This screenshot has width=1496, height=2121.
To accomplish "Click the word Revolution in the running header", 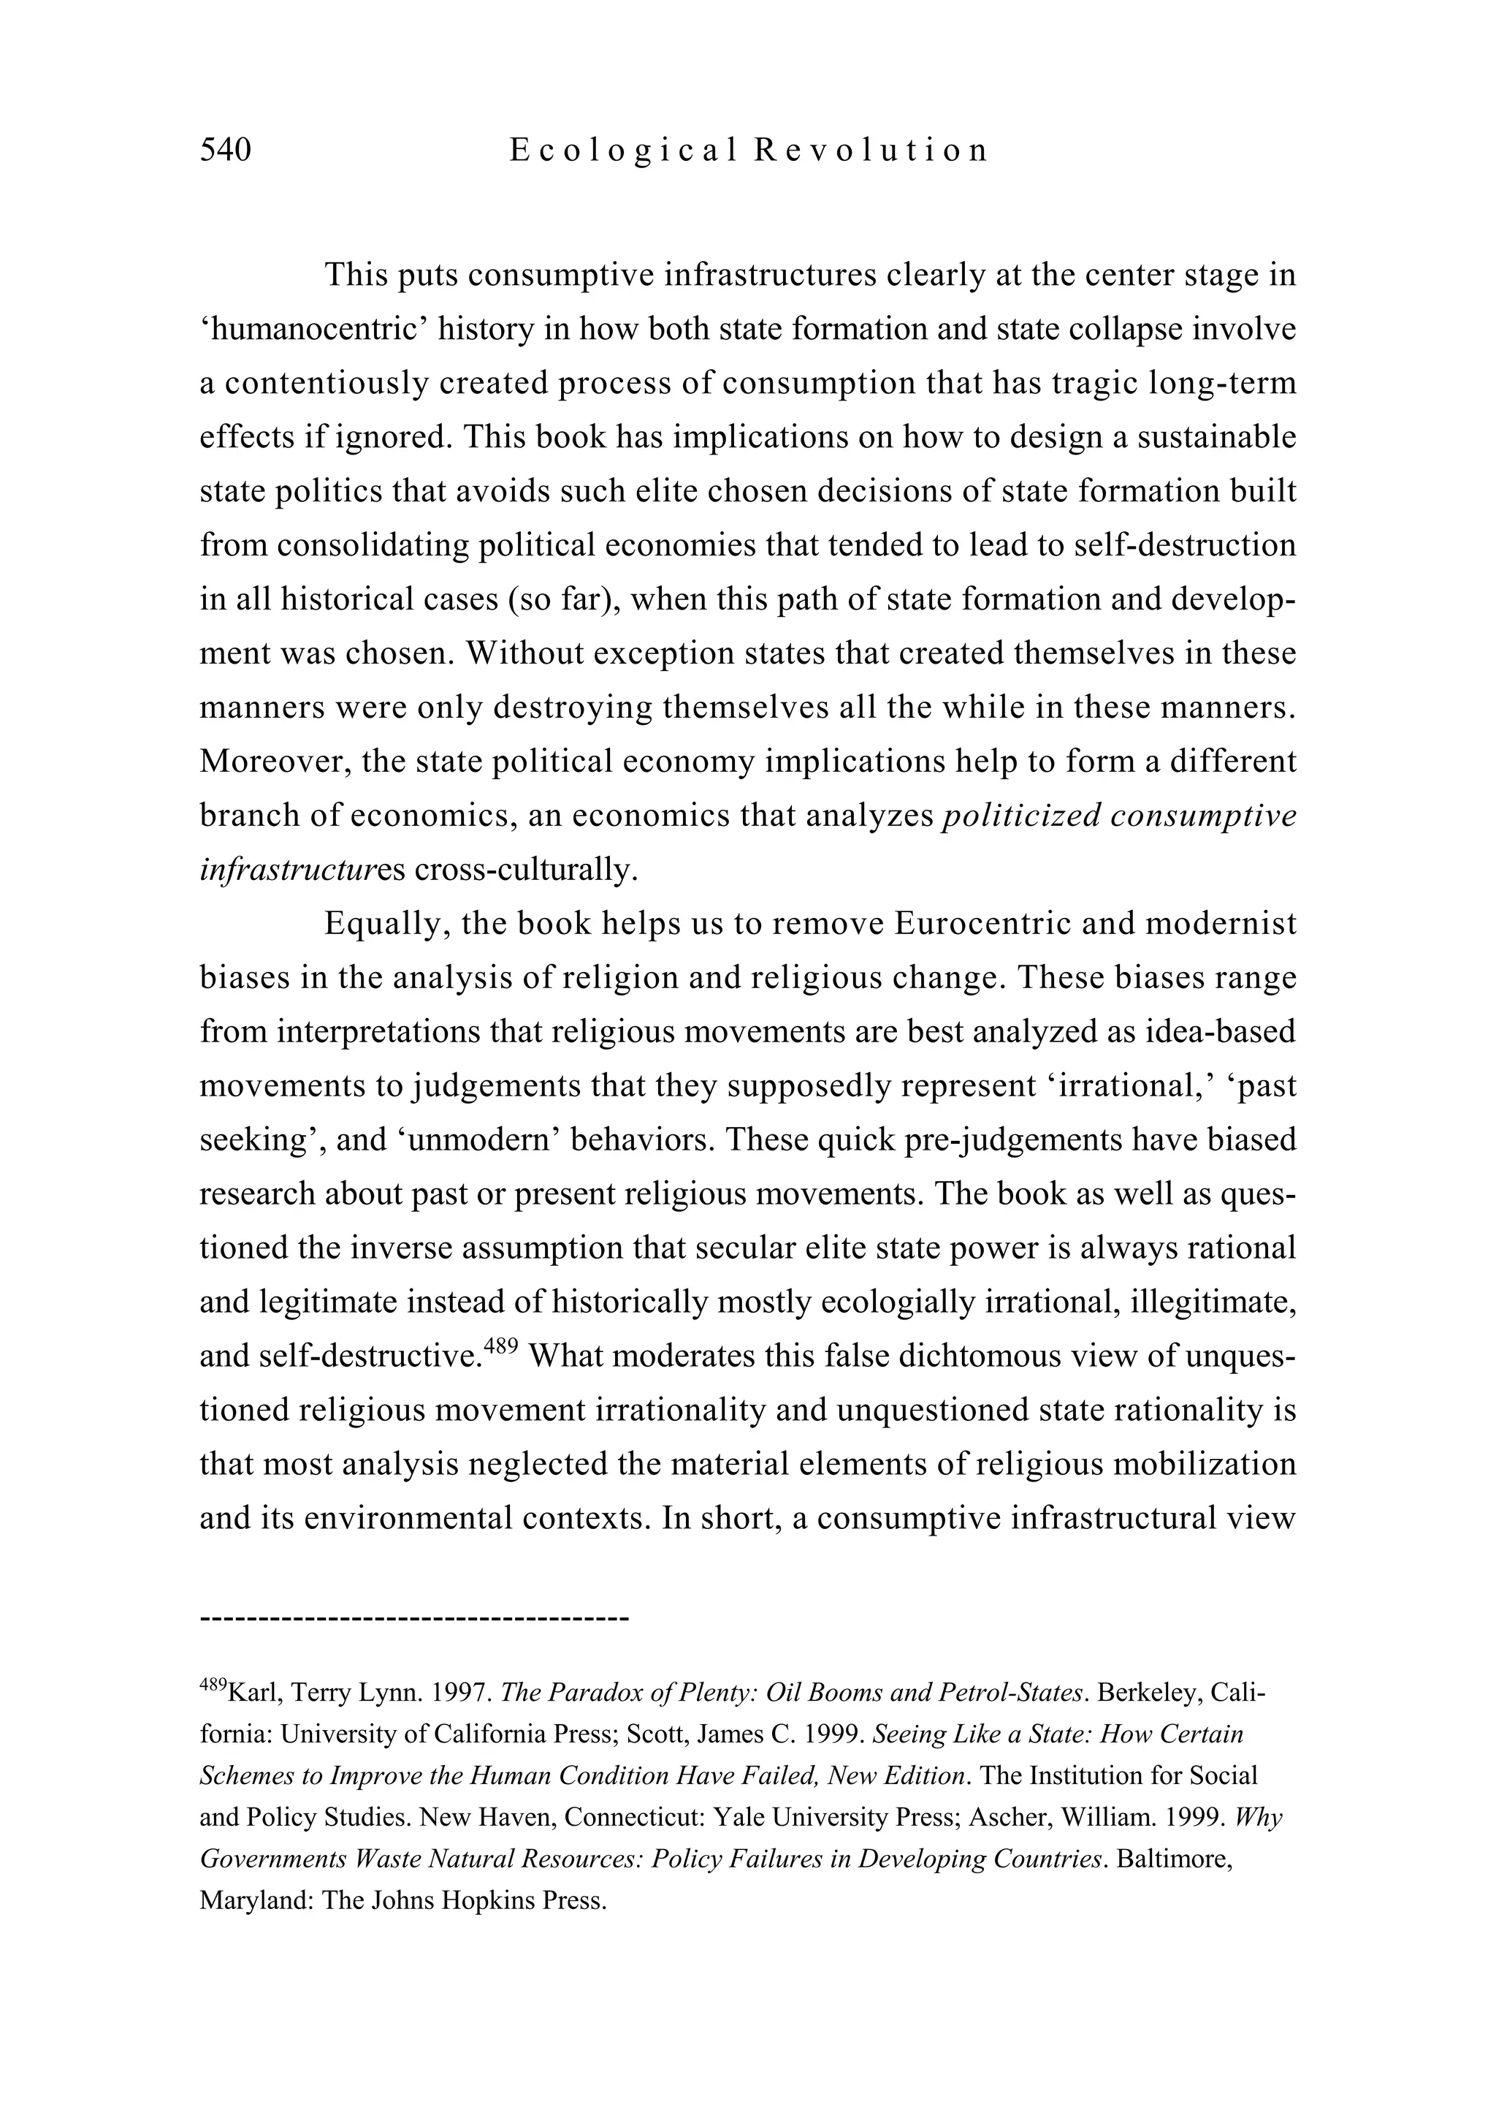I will tap(871, 150).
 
